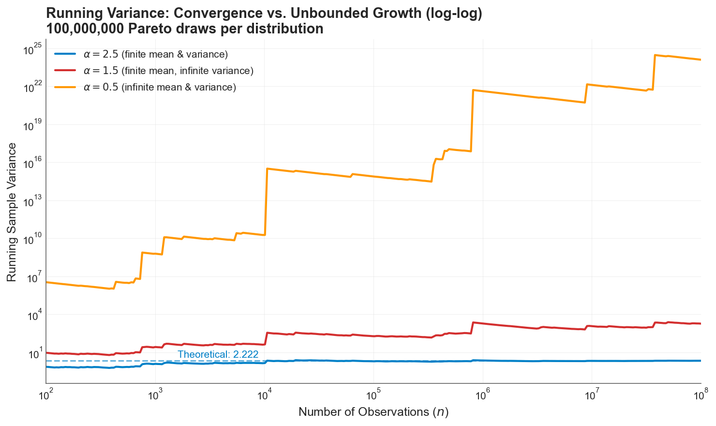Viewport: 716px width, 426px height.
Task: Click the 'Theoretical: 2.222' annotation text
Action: pyautogui.click(x=218, y=354)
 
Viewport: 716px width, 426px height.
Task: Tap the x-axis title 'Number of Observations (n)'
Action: pyautogui.click(x=373, y=412)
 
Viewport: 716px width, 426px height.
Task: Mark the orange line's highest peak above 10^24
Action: pyautogui.click(x=655, y=55)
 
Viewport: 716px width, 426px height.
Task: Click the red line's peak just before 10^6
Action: pyautogui.click(x=473, y=322)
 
